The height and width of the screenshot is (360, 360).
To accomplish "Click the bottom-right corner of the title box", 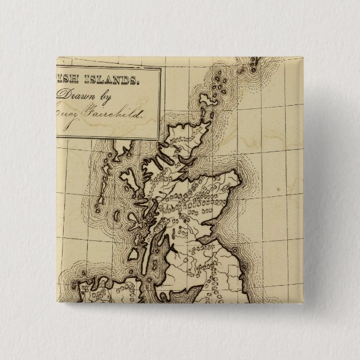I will pos(160,139).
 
